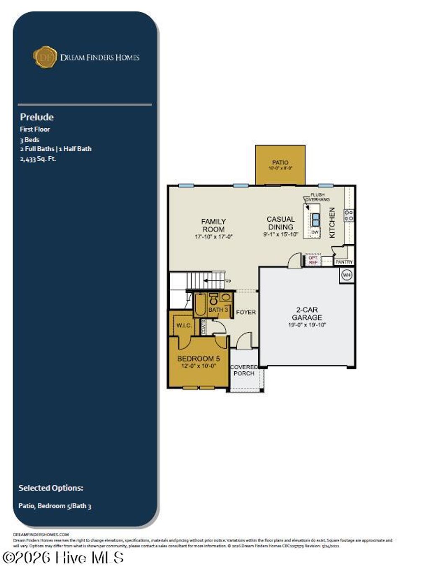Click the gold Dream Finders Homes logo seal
tap(44, 57)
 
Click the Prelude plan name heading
tap(37, 117)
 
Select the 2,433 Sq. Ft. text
tap(38, 159)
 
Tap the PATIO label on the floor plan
tap(280, 163)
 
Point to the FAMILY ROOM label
tap(213, 225)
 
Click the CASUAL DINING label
tap(281, 223)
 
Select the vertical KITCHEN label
tap(332, 222)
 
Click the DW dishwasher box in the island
tap(315, 232)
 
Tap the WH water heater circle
tap(346, 275)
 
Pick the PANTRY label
tap(344, 262)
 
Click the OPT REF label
tap(313, 260)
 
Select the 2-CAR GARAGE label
tap(307, 314)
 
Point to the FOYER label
tap(246, 312)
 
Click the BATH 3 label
tap(218, 310)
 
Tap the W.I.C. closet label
tap(183, 326)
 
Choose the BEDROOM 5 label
tap(198, 359)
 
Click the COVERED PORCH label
tap(244, 370)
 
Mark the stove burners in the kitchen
tap(349, 215)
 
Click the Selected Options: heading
tap(51, 488)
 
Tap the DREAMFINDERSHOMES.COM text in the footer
tap(41, 535)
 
